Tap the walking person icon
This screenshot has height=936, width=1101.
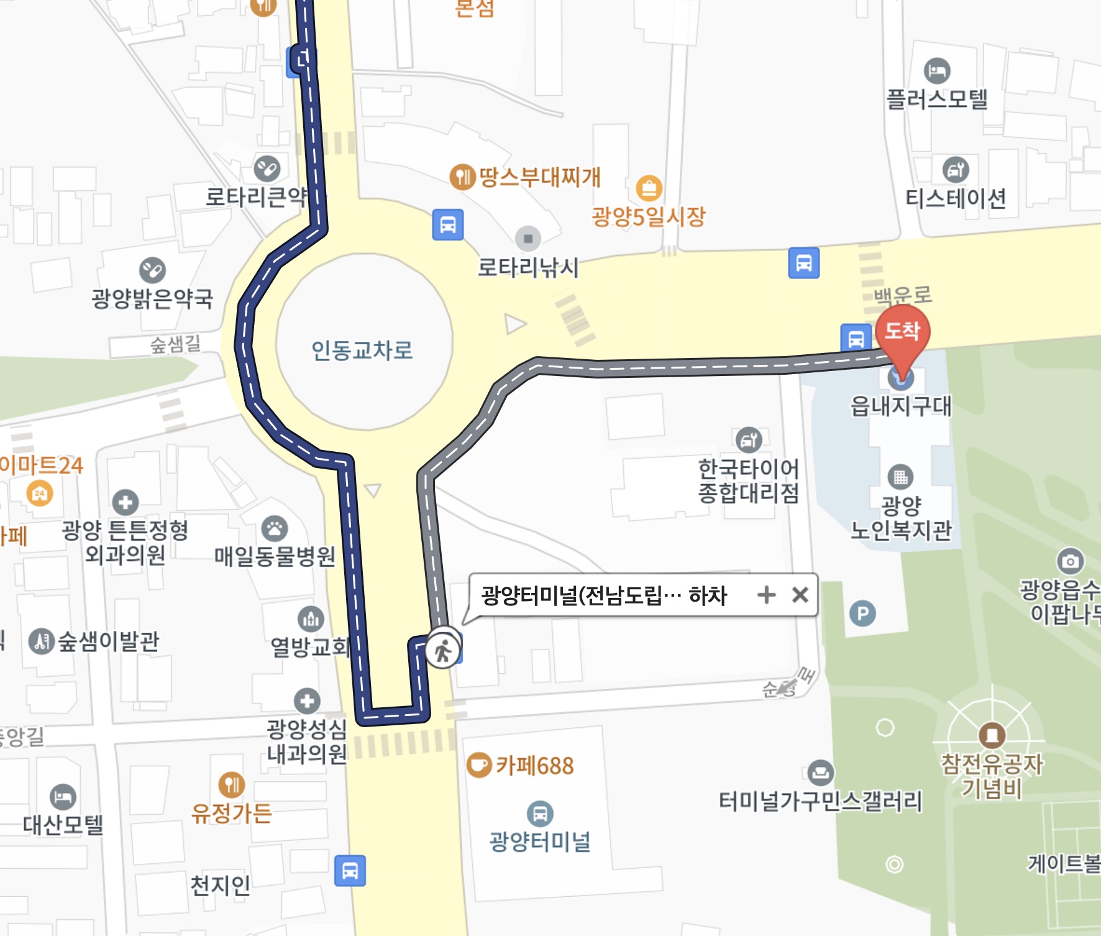tap(442, 651)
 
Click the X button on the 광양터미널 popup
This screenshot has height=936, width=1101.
tap(800, 595)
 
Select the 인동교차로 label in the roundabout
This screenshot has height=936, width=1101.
tap(362, 351)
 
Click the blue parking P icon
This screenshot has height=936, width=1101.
tap(862, 614)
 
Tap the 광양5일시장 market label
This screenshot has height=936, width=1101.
tap(649, 216)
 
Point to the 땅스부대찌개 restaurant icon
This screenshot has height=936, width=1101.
tap(462, 177)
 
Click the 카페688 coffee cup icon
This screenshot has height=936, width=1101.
tap(478, 765)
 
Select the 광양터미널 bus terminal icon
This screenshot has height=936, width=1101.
tap(540, 813)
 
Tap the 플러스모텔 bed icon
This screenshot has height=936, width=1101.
tap(937, 71)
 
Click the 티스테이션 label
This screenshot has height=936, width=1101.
tap(956, 199)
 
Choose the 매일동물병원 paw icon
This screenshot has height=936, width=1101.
tap(274, 529)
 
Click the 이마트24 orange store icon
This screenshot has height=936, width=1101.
tap(40, 494)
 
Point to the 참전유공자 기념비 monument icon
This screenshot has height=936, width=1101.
tap(992, 735)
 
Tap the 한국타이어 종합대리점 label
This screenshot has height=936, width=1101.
tap(748, 480)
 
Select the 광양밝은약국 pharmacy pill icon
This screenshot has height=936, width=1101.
tap(152, 270)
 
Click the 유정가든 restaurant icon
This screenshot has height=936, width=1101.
tap(231, 785)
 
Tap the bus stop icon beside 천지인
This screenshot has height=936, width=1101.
tap(350, 871)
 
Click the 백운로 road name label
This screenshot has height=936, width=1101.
tap(903, 295)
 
